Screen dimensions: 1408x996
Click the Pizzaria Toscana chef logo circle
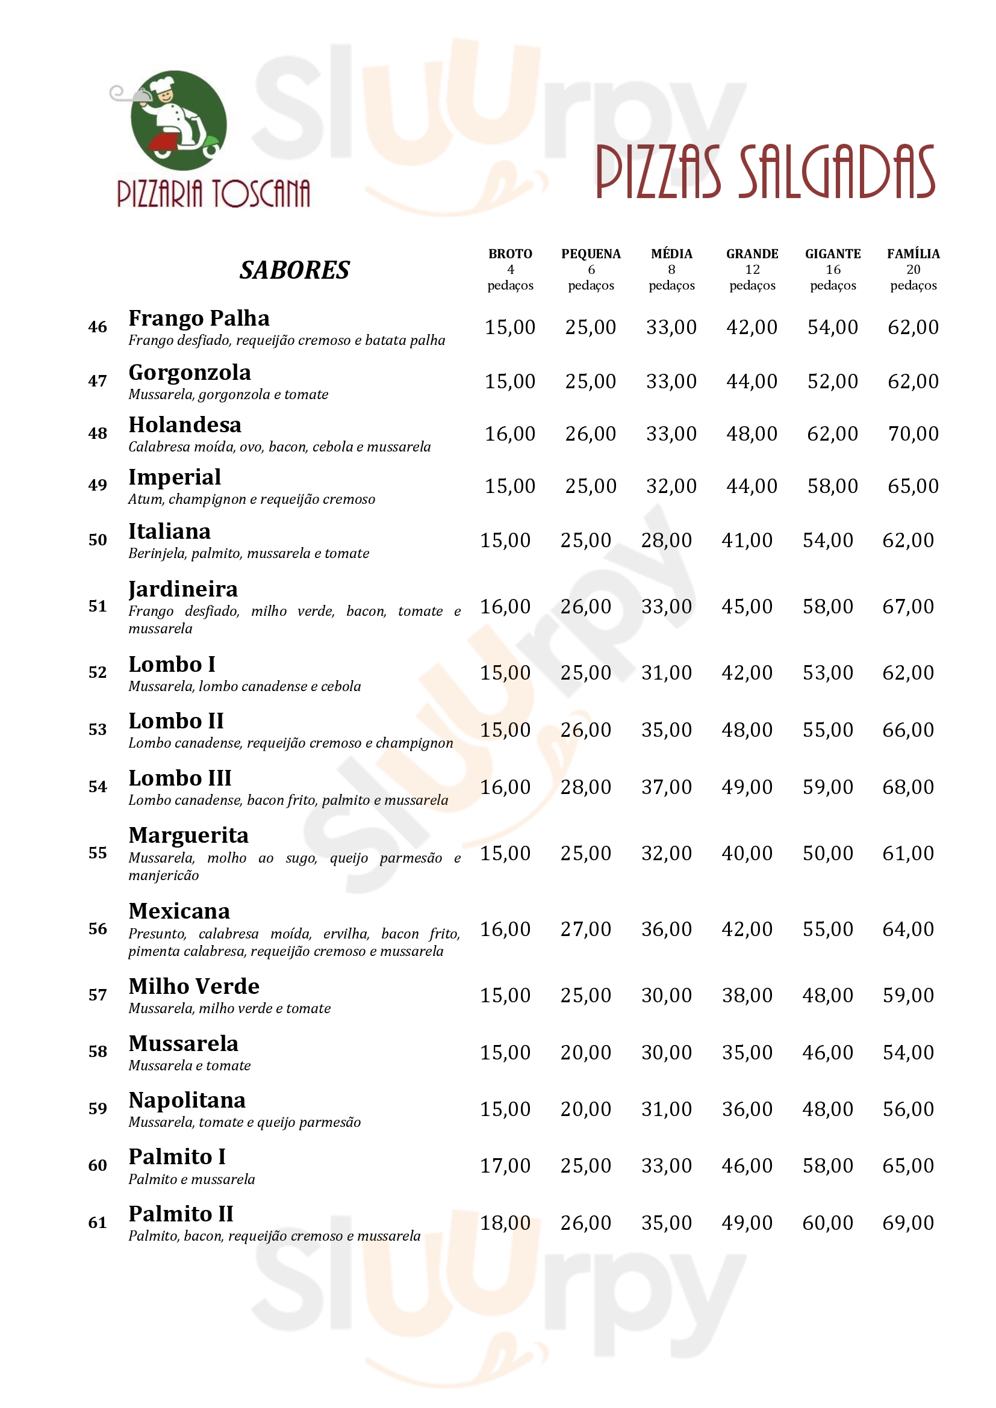[178, 121]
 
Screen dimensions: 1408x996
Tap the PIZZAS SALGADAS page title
[765, 172]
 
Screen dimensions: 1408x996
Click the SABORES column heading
[294, 270]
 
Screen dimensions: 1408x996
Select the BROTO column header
[510, 254]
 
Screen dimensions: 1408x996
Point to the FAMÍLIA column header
[914, 254]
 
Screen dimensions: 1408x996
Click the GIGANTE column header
[833, 254]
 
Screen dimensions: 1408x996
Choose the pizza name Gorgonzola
[190, 372]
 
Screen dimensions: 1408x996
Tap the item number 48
[98, 433]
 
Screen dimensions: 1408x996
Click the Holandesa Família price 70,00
[914, 434]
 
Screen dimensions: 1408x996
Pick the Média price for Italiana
[667, 540]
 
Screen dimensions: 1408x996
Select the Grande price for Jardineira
[747, 607]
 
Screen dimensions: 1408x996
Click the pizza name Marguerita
[188, 836]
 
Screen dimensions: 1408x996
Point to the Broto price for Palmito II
[505, 1223]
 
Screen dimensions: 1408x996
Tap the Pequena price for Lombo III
[586, 787]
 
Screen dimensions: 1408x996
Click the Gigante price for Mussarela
[828, 1052]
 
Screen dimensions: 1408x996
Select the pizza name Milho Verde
[194, 986]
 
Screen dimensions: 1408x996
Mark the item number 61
[98, 1223]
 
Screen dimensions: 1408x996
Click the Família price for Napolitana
[908, 1109]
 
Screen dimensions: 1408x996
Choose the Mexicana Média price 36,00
[667, 929]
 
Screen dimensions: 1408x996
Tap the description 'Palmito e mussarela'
[191, 1179]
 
